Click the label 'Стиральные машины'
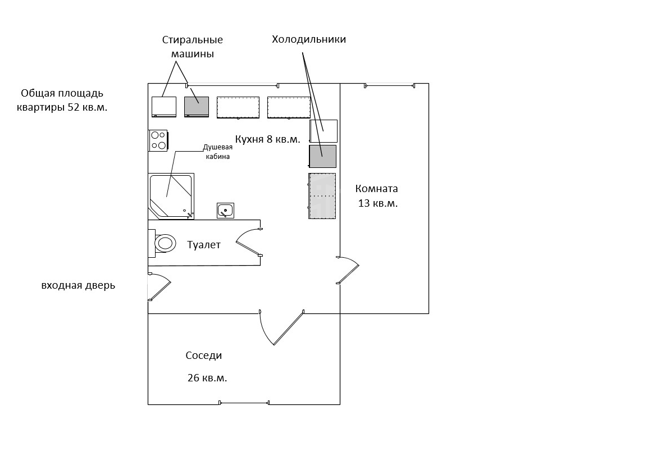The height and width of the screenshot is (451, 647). coord(192,47)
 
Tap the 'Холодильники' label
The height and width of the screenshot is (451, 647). coord(309,40)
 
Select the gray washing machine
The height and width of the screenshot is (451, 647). coord(197,107)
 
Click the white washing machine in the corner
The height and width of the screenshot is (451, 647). coord(164,107)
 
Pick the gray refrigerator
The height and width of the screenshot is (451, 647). coord(323,156)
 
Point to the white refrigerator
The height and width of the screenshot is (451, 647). coord(323,131)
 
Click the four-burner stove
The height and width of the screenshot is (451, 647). coord(158,140)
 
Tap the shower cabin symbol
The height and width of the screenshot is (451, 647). coord(171,197)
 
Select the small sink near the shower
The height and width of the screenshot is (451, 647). coord(225,211)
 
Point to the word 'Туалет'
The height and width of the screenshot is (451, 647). coord(204,245)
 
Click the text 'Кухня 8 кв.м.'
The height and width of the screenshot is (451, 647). coord(267,139)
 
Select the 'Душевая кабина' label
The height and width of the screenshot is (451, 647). coord(217,152)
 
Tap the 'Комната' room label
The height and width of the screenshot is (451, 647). coord(377,189)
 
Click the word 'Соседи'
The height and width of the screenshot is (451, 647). coord(204,356)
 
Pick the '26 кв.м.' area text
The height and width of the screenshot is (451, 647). coord(207,377)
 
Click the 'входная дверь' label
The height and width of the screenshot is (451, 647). coord(78,285)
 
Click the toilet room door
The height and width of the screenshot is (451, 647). coord(249,242)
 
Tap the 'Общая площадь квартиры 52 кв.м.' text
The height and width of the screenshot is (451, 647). coord(62,101)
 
